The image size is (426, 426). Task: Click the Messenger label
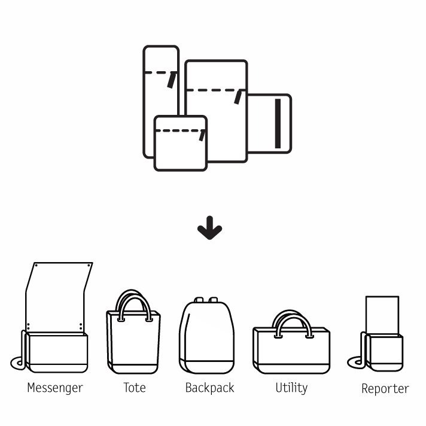55,388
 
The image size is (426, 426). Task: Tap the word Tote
135,388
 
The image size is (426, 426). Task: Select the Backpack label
209,388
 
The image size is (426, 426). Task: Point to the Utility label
291,388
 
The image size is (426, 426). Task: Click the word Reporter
385,389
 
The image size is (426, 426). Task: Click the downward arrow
209,231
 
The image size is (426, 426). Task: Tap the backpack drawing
207,338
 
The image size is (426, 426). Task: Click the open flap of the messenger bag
57,296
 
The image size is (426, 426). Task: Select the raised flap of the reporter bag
382,315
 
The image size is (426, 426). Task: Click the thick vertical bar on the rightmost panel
278,124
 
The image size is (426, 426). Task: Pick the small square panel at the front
180,150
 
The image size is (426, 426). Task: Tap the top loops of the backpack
207,300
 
